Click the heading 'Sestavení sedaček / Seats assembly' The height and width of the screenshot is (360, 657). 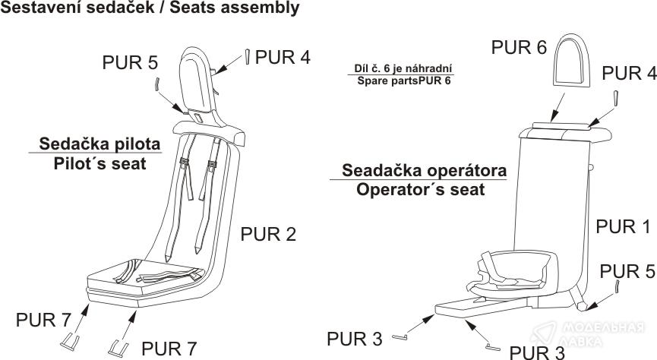(150, 9)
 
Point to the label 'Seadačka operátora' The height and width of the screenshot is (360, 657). (424, 169)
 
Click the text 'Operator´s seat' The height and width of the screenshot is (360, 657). (420, 188)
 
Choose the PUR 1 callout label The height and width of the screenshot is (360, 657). (622, 226)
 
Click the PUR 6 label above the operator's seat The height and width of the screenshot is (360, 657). (519, 48)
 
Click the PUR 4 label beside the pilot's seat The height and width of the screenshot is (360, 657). (283, 56)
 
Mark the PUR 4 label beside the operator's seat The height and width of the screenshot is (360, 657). (629, 74)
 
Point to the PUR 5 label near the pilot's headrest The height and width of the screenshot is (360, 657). (130, 62)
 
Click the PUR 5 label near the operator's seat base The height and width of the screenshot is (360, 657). (628, 270)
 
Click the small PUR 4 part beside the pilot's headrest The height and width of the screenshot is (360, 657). (248, 56)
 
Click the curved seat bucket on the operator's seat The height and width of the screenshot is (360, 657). (514, 270)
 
